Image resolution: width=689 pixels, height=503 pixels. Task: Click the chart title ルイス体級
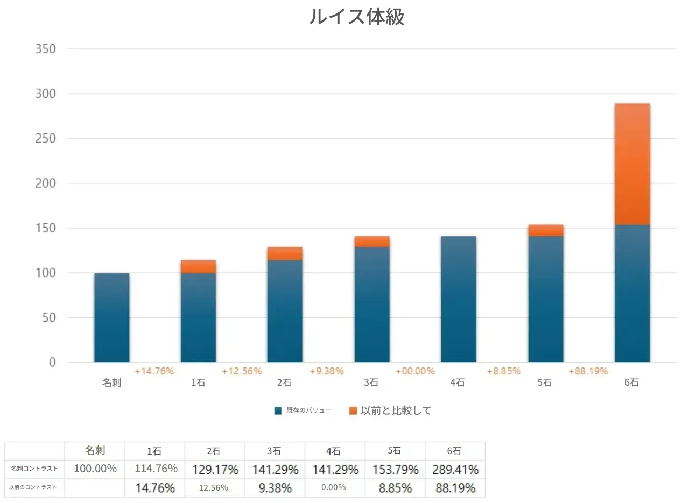point(356,17)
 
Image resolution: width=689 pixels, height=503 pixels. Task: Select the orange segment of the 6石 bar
point(632,164)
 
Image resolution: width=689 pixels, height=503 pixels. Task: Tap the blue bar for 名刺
point(112,317)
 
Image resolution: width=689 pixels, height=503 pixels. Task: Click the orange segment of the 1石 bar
point(198,266)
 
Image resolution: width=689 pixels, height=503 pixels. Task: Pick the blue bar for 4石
point(458,299)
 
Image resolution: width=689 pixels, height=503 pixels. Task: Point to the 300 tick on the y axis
point(45,94)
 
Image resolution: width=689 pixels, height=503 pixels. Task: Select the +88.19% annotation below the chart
point(588,371)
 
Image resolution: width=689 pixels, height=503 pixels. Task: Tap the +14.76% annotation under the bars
point(154,371)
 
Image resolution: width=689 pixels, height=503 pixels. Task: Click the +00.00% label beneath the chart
point(415,371)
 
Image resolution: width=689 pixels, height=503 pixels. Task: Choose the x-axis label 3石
point(371,383)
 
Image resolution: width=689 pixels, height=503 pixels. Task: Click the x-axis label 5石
point(544,383)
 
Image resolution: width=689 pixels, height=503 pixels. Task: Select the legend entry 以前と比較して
point(396,410)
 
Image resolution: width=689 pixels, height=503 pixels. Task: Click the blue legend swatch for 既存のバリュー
point(278,410)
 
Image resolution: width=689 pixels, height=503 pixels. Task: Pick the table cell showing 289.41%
point(455,469)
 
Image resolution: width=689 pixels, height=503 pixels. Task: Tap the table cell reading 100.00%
point(95,469)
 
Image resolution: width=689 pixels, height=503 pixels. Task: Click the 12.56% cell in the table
point(214,488)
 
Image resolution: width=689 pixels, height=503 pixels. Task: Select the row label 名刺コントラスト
point(34,469)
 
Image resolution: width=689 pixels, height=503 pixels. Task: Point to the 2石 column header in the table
point(214,451)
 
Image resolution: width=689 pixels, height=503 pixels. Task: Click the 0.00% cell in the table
point(334,488)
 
